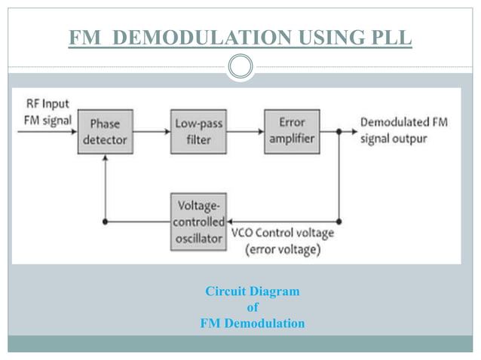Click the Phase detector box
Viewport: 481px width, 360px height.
pos(106,132)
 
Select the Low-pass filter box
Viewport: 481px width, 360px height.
pos(199,131)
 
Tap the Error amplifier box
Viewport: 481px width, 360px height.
pos(292,130)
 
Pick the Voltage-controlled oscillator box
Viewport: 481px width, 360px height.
pos(199,222)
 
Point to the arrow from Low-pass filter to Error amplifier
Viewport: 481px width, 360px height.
pos(245,131)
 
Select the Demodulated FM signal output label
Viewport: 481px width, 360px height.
pos(403,130)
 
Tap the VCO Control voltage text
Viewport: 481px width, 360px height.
pos(283,233)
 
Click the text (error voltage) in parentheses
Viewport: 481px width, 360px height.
pos(283,249)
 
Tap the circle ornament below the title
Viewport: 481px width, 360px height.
pos(240,67)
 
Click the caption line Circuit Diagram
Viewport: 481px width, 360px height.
pos(252,291)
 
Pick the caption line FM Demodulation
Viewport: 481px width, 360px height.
pos(252,324)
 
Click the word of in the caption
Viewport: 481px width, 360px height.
pos(252,307)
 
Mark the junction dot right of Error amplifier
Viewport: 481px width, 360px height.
pos(339,131)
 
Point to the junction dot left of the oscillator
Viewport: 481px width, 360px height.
pos(106,222)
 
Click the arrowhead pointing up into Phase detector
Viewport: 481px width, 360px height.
pos(106,159)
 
